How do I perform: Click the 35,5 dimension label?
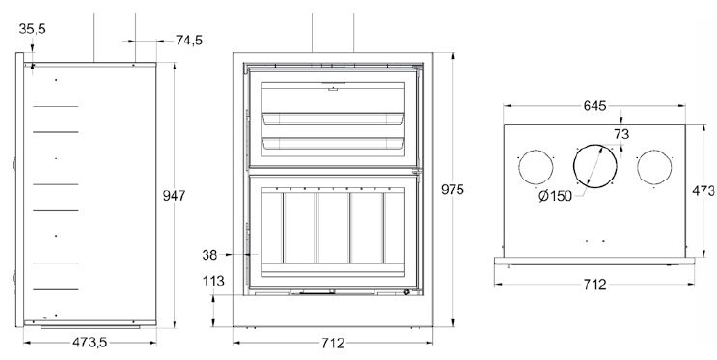coord(33,28)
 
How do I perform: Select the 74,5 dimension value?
coord(189,41)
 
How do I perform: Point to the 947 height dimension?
coord(175,195)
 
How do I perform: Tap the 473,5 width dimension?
coord(90,343)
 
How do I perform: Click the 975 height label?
coord(453,189)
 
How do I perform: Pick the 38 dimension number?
coord(209,255)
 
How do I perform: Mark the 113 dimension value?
coord(213,281)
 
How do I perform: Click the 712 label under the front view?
coord(332,343)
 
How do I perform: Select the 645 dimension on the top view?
coord(594,105)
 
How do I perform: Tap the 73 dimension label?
coord(621,134)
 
